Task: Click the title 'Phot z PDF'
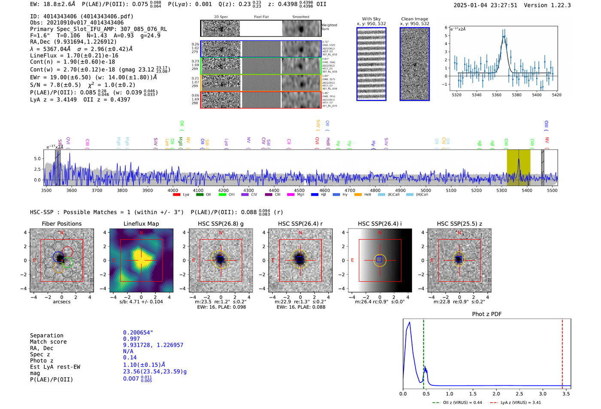coord(487,314)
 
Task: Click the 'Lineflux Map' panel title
coord(141,224)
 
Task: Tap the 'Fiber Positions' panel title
coord(62,224)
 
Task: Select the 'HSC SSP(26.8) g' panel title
coord(221,224)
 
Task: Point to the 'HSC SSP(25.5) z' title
coord(459,224)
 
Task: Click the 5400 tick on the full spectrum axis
coord(527,191)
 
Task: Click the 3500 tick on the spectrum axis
coord(46,191)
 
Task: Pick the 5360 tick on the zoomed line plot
coord(497,95)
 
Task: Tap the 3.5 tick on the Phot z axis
coord(566,394)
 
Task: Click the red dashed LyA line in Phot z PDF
coord(562,352)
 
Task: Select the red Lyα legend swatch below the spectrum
coord(176,195)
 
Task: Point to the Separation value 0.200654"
coord(138,333)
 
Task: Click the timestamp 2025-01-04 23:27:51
coord(485,5)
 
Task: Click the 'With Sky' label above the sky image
coord(371,19)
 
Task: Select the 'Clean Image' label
coord(414,19)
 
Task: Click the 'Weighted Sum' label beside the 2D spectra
coord(329,27)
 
